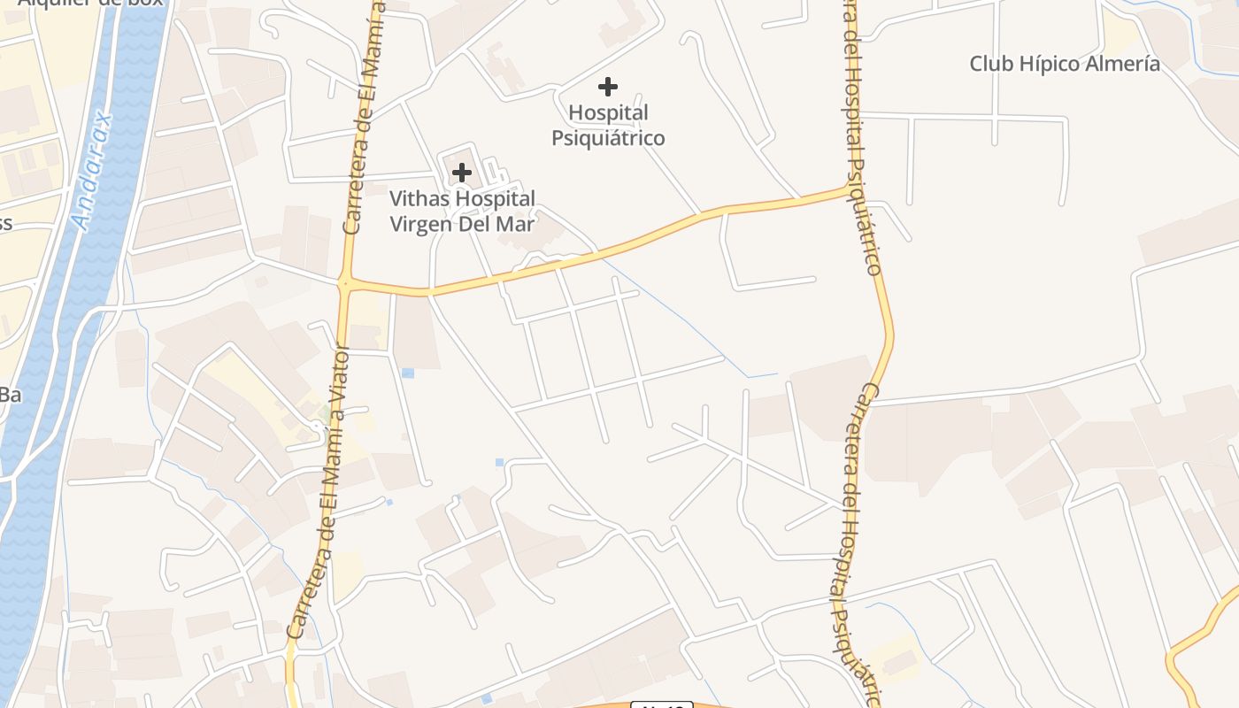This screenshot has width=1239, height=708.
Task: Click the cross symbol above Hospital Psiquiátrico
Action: coord(608,87)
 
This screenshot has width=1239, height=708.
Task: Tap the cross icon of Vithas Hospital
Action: coord(461,173)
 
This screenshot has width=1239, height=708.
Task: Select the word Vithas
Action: coord(419,199)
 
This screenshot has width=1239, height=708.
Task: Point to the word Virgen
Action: coord(420,224)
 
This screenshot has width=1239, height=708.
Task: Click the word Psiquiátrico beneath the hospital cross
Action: coord(608,138)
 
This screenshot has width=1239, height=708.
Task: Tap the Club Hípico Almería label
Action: coord(1065,64)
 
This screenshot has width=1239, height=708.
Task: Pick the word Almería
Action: coord(1122,64)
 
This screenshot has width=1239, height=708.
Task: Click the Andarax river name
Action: coord(92,171)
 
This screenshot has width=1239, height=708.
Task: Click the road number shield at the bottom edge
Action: coord(662,705)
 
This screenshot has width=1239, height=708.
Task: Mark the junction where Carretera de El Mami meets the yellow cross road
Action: coord(345,284)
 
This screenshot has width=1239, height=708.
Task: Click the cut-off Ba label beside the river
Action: coord(10,395)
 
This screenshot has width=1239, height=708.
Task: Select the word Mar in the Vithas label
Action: coord(515,224)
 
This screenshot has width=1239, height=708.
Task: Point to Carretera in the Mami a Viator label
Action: coord(302,596)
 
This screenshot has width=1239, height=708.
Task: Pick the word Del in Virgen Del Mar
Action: coord(474,224)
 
